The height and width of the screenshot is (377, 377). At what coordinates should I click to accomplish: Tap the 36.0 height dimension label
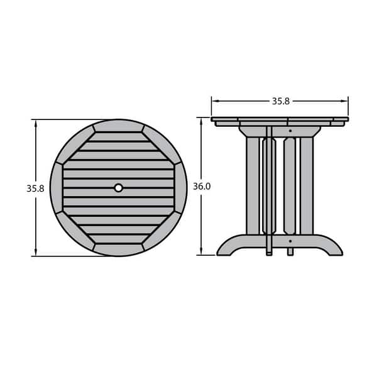pyautogui.click(x=201, y=187)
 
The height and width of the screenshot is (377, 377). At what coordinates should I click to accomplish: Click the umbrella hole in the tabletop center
pyautogui.click(x=119, y=187)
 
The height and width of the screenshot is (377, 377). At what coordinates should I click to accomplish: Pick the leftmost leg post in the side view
pyautogui.click(x=253, y=185)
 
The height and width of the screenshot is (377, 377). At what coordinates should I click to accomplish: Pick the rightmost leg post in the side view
pyautogui.click(x=306, y=185)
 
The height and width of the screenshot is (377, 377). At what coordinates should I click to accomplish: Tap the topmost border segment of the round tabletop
pyautogui.click(x=119, y=126)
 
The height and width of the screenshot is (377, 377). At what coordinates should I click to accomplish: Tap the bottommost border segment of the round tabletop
pyautogui.click(x=119, y=250)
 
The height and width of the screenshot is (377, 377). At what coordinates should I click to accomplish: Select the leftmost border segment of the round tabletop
pyautogui.click(x=57, y=187)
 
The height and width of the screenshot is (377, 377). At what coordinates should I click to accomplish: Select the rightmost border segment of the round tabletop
pyautogui.click(x=181, y=187)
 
